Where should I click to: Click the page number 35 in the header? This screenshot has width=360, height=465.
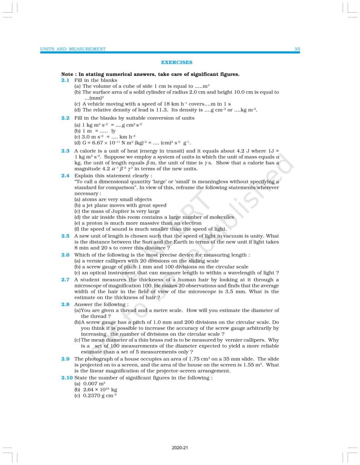(x=297, y=49)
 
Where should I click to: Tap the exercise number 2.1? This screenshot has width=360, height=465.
(x=65, y=80)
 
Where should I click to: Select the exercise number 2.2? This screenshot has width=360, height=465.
(x=65, y=118)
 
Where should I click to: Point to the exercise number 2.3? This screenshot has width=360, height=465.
(x=65, y=150)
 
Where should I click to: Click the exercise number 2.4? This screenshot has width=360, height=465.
(x=65, y=175)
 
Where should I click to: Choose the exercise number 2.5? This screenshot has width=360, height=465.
(x=65, y=236)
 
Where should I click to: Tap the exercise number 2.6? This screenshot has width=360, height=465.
(x=65, y=255)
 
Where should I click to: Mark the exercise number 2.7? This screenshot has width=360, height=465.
(x=65, y=280)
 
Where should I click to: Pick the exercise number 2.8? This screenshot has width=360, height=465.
(x=65, y=304)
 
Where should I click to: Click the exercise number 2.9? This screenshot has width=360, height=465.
(x=65, y=359)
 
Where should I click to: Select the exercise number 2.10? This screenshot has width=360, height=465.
(x=67, y=377)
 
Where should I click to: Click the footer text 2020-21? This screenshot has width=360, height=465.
(x=180, y=448)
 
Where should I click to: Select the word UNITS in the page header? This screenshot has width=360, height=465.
(x=48, y=49)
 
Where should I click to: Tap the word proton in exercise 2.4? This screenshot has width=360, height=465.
(x=93, y=223)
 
